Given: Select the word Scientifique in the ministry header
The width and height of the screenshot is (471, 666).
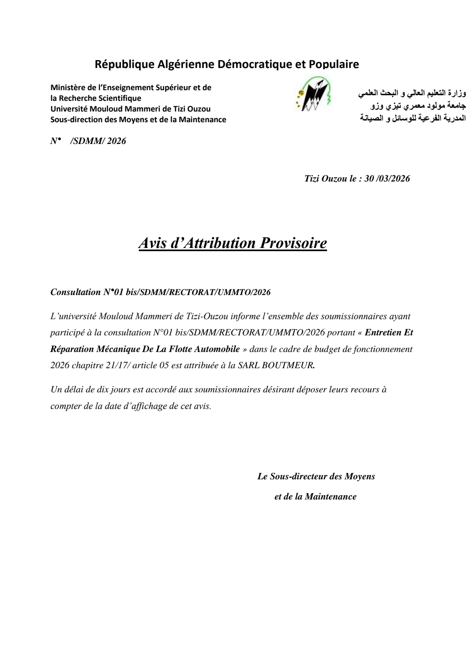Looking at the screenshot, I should coord(120,98).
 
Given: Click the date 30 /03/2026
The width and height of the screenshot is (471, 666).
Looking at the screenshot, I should coord(387,178).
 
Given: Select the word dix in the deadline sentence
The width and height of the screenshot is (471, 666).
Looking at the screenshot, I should coord(98,390).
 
